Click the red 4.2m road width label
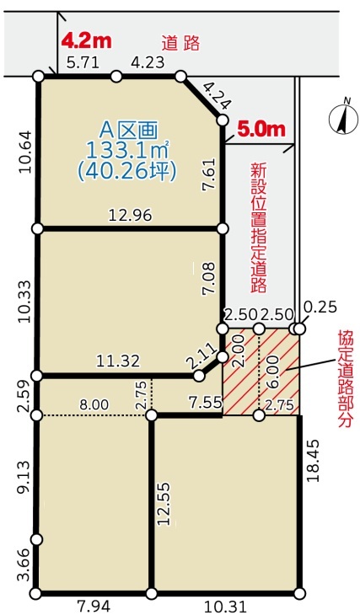[86, 41]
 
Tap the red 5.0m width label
[261, 130]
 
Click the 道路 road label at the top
[181, 43]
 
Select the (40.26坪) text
[126, 171]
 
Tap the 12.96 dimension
[131, 215]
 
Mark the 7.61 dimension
[209, 175]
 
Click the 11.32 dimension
[118, 361]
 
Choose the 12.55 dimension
[165, 503]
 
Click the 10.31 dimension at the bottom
[225, 607]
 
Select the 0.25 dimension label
[320, 307]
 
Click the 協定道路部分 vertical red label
[345, 381]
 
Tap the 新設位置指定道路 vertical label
[259, 228]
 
